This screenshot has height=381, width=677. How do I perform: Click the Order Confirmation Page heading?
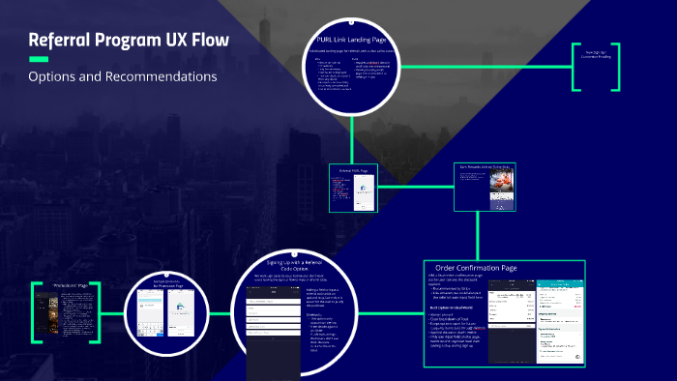click(x=476, y=268)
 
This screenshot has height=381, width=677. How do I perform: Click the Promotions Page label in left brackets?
click(x=68, y=288)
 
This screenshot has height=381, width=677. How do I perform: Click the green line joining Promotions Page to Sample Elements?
click(x=114, y=313)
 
